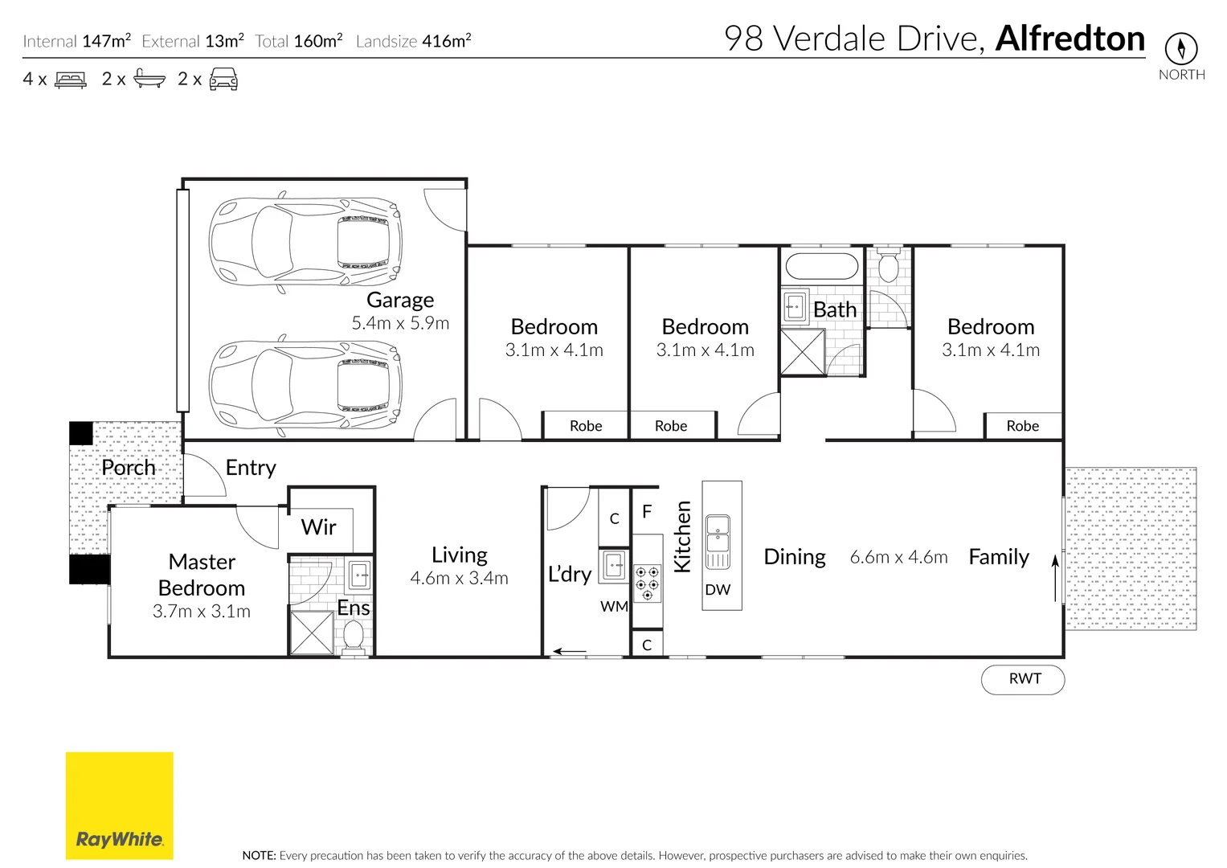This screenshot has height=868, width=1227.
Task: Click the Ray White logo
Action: [119, 805]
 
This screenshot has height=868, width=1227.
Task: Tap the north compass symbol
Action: [1180, 49]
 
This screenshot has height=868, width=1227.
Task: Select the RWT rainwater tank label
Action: [1024, 679]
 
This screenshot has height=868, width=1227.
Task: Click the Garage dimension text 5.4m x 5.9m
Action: [400, 323]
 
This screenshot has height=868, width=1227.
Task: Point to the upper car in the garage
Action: [305, 242]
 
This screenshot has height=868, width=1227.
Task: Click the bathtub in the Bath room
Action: [821, 266]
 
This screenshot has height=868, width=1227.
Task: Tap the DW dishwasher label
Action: [718, 590]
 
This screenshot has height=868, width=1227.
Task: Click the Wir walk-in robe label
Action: [318, 527]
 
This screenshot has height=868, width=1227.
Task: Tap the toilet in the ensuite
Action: [354, 637]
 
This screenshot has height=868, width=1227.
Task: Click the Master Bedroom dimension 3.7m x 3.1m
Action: [202, 612]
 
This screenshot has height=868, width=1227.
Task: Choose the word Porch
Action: [129, 468]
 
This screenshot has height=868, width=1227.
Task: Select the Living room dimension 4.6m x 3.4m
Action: [459, 579]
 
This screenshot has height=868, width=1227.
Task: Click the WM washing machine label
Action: [614, 607]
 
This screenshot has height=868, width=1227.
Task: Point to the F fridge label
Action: [647, 512]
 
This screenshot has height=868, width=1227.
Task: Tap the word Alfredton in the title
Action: [1070, 39]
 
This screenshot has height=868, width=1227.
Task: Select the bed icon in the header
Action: [71, 80]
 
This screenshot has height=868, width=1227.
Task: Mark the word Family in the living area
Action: [998, 557]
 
